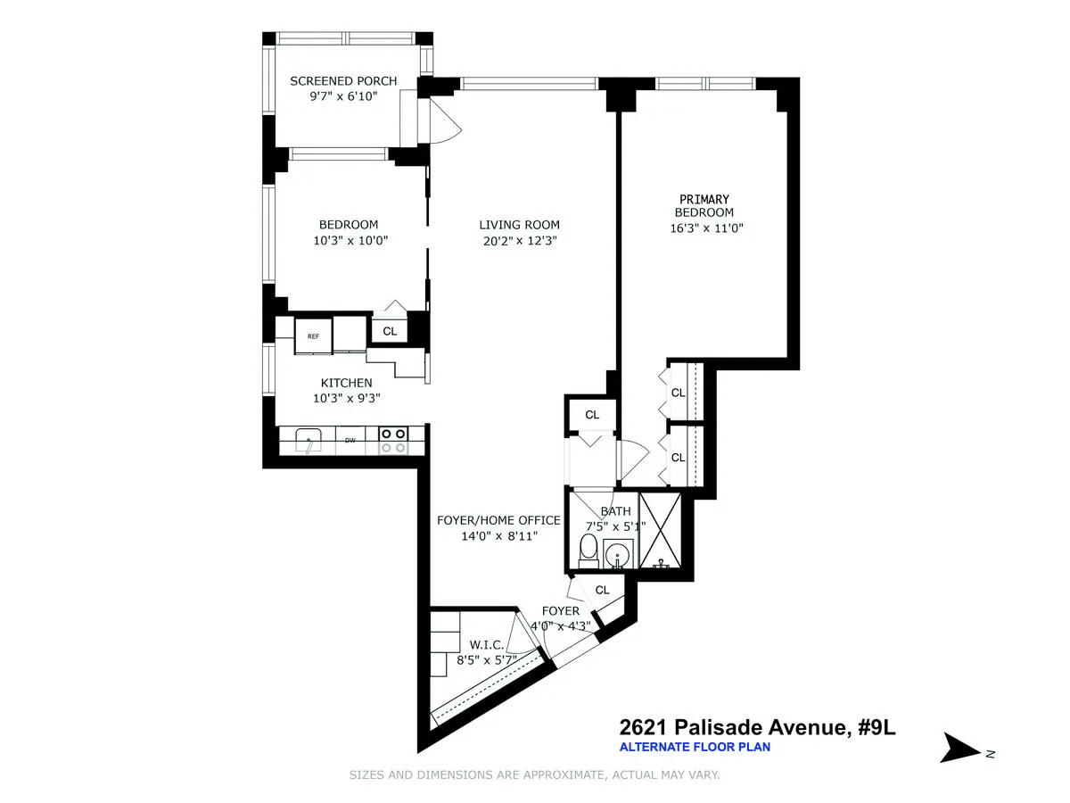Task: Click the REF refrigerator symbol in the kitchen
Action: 313,336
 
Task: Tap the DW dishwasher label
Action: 351,440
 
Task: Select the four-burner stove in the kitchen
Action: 393,441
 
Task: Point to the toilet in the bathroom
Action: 589,551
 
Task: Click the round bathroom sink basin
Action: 617,557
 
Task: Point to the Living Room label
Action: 519,225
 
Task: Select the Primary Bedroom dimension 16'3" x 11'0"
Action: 706,228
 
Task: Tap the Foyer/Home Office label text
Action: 498,520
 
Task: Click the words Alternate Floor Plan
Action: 694,747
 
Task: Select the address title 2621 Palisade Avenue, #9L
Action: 756,728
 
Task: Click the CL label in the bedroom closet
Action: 390,331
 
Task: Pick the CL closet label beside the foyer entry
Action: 602,590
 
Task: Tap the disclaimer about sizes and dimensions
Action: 534,775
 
